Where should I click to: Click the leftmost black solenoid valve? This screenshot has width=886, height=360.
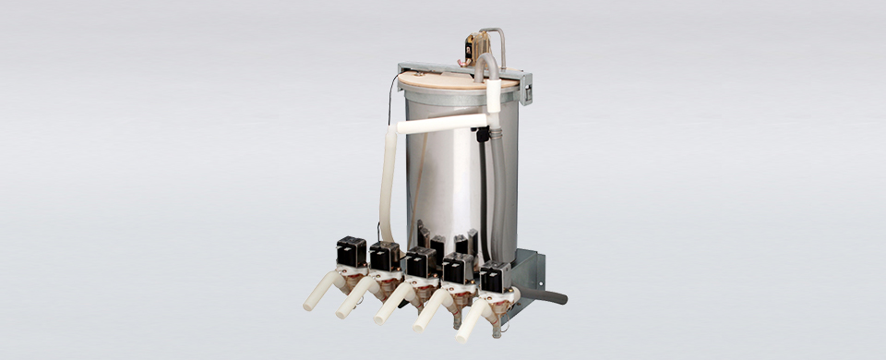(351, 251)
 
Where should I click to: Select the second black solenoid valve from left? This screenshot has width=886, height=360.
(385, 256)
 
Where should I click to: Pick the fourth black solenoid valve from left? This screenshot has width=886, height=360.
(458, 269)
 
